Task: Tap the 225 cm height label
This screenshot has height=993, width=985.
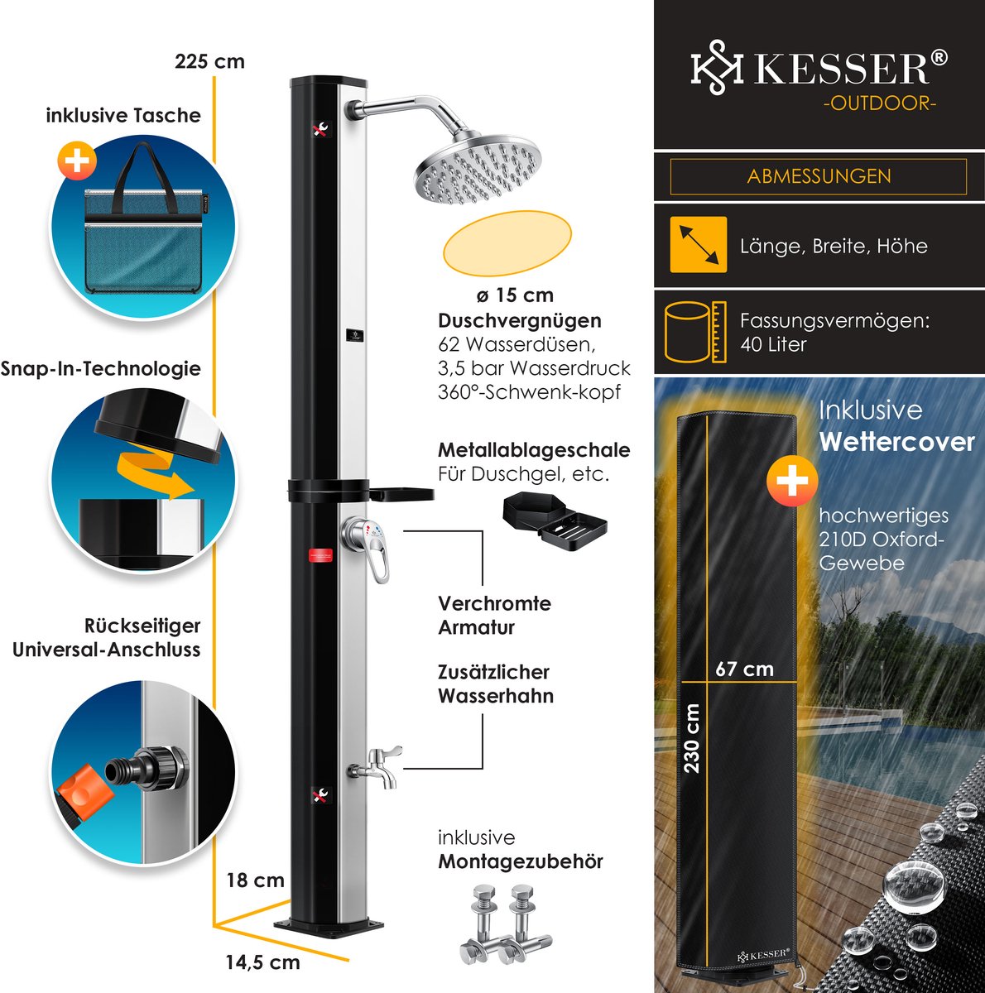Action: [x=209, y=61]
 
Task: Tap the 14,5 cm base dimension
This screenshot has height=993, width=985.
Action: [x=262, y=962]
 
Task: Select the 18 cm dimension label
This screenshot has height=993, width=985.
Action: [x=255, y=880]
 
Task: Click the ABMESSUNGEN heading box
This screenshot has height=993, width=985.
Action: [x=818, y=176]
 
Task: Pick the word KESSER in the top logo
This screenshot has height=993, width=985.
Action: [x=840, y=70]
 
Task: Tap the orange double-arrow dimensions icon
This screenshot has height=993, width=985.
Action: [x=698, y=244]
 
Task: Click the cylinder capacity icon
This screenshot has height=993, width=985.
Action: [x=695, y=332]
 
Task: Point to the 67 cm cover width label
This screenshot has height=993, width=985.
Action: [x=744, y=669]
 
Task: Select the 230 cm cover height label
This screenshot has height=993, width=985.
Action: [x=692, y=737]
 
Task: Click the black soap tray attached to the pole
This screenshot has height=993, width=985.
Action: [x=401, y=495]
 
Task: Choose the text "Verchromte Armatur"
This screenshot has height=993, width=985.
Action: [x=493, y=615]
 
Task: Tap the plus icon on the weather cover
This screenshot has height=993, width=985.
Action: [x=791, y=481]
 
